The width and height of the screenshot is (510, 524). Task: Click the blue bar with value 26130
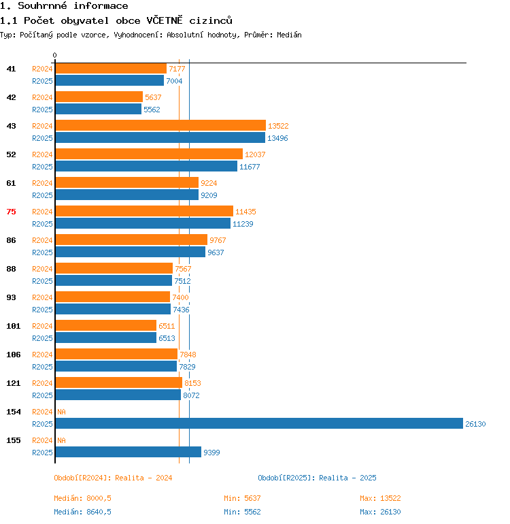pos(259,423)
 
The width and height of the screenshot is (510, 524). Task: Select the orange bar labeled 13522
pos(160,125)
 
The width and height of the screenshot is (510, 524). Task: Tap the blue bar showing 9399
pos(129,452)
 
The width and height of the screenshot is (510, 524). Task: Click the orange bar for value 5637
pos(99,97)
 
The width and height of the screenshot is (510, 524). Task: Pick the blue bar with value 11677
pos(147,166)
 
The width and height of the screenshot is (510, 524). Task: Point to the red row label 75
pos(11,212)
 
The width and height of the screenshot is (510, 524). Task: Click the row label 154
pos(14,412)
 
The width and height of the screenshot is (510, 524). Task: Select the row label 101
pos(14,326)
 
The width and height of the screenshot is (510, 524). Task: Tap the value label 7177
pos(177,69)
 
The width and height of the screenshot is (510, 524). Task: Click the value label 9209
pos(209,195)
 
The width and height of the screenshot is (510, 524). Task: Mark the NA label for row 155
pos(61,440)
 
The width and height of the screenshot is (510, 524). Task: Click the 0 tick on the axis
pos(55,55)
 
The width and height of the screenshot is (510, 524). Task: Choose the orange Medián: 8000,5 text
pos(82,498)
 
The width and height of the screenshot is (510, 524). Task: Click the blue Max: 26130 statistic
pos(380,512)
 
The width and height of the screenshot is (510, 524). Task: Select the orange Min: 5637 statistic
pos(242,498)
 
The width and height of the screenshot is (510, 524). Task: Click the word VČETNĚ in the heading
pos(165,20)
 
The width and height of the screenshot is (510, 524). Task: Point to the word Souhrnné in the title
pos(42,5)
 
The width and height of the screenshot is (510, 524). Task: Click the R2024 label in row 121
pos(42,383)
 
